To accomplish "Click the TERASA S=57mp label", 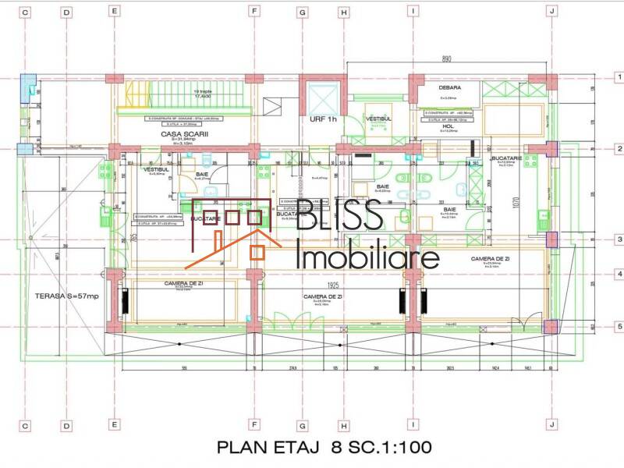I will (67, 296).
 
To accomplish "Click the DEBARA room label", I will (450, 88).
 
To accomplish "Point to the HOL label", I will (448, 125).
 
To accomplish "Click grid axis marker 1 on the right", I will (619, 78).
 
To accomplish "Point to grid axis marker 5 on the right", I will (619, 327).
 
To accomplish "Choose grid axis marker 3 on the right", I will (619, 240).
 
